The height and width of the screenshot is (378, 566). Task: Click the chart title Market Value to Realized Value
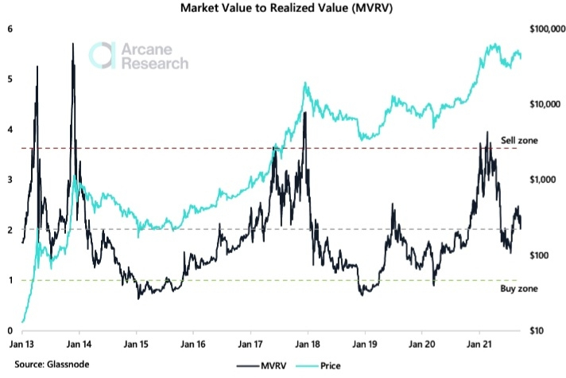coord(283,10)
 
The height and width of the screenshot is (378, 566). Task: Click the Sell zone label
coord(518,140)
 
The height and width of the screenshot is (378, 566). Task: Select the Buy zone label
coord(517,290)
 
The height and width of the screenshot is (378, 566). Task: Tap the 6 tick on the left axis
coord(10,29)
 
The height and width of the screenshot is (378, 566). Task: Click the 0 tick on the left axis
coord(10,330)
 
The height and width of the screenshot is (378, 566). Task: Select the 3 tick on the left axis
coord(10,180)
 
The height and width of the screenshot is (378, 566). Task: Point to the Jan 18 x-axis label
coord(308,347)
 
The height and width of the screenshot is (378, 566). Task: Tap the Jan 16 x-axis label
coord(193,347)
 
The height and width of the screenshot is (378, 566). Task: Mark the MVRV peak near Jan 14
coord(72,45)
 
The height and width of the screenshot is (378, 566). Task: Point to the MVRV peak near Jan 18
coord(305,113)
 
